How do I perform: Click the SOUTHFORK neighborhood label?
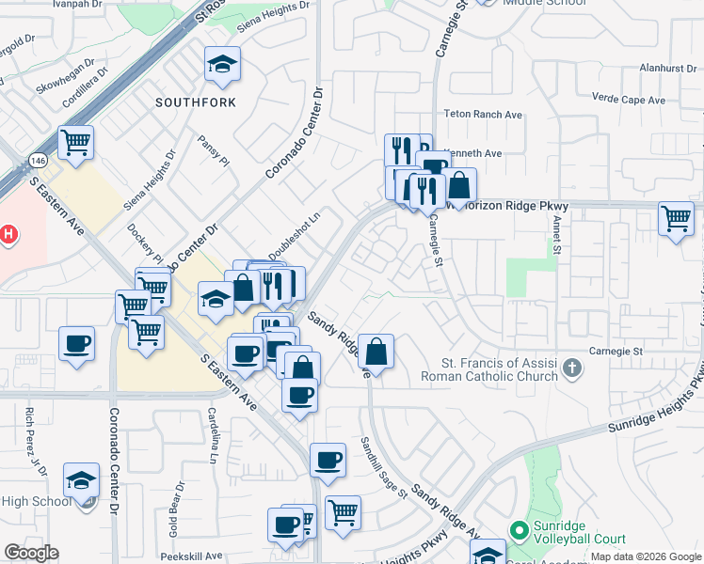(x=195, y=101)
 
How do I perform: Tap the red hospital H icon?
(x=8, y=234)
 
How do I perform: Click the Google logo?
(x=32, y=552)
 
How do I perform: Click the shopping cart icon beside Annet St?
(x=677, y=218)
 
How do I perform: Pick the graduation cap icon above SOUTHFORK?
(x=222, y=63)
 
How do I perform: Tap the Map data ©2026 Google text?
(x=646, y=556)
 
